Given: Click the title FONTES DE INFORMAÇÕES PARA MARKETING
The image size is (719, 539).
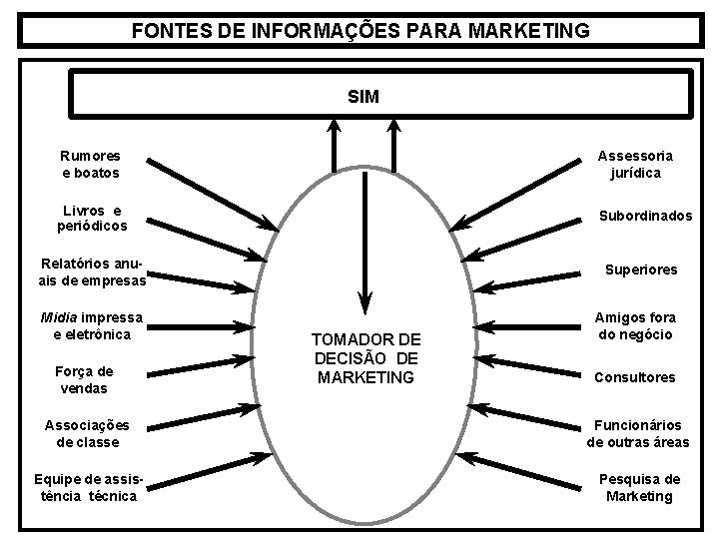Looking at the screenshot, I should point(360,31).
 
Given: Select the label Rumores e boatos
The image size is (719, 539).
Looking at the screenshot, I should point(90,165).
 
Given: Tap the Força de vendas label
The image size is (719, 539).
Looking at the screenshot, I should point(84,379).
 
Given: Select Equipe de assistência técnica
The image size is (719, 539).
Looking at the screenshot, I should point(88,487).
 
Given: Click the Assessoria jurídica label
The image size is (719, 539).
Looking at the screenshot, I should point(635,165).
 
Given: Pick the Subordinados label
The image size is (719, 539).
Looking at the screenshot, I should point(644,217).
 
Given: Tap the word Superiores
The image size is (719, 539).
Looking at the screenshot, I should point(639,269).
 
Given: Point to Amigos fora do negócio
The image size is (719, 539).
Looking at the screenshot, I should point(635,325).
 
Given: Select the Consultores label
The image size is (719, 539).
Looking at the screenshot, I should point(634,378).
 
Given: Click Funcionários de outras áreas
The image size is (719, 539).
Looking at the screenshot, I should point(638,433).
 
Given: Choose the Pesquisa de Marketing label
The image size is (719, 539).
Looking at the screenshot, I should point(639,487).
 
